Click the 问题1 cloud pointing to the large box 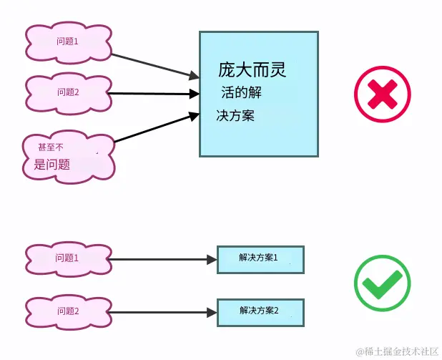click(x=68, y=42)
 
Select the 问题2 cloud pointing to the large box click(x=68, y=92)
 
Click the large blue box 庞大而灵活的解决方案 click(x=258, y=93)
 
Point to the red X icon click(x=382, y=94)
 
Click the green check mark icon click(x=382, y=283)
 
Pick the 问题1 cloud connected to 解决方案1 click(x=68, y=259)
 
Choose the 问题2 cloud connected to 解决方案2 click(x=68, y=311)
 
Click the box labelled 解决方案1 click(x=260, y=259)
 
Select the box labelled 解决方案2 click(x=260, y=312)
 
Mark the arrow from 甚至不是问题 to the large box click(x=156, y=127)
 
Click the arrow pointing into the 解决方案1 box click(x=164, y=260)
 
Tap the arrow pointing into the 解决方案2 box click(x=164, y=312)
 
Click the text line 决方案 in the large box click(x=235, y=115)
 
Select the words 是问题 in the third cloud click(x=51, y=164)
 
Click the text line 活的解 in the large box click(x=246, y=92)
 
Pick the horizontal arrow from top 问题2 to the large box click(x=154, y=93)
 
